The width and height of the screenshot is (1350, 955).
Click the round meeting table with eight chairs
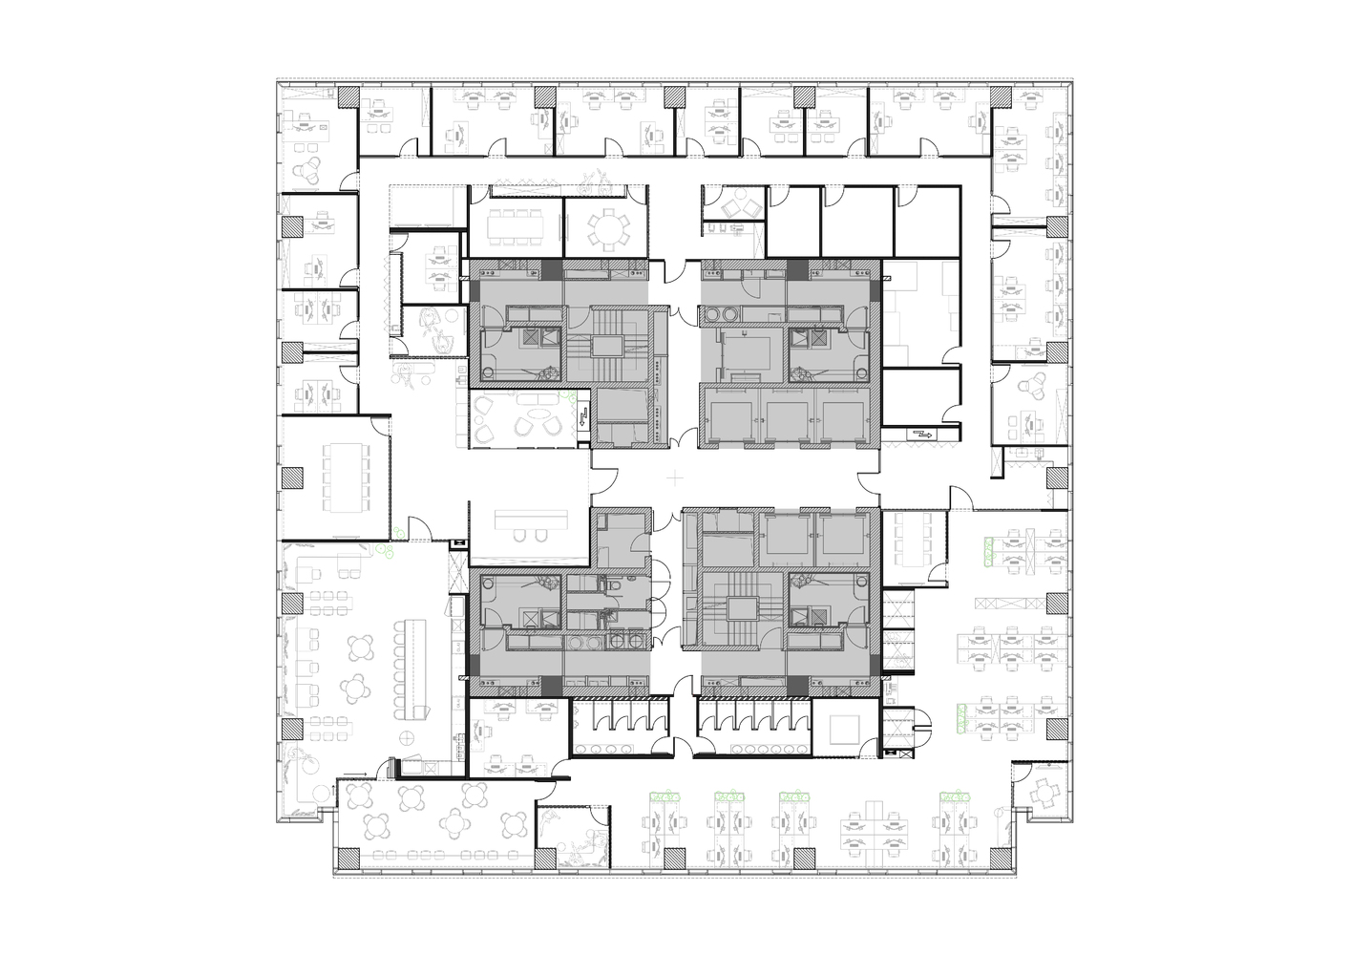pos(608,227)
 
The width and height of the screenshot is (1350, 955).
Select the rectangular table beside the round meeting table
pos(515,226)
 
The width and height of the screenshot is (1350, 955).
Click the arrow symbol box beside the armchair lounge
pos(581,417)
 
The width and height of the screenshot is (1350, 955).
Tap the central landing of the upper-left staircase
pos(606,346)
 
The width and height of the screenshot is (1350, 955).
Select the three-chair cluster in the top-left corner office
pos(312,171)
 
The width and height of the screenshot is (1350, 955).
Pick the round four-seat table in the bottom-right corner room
pos(1045,789)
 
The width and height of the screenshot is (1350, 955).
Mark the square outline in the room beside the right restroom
pos(844,731)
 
